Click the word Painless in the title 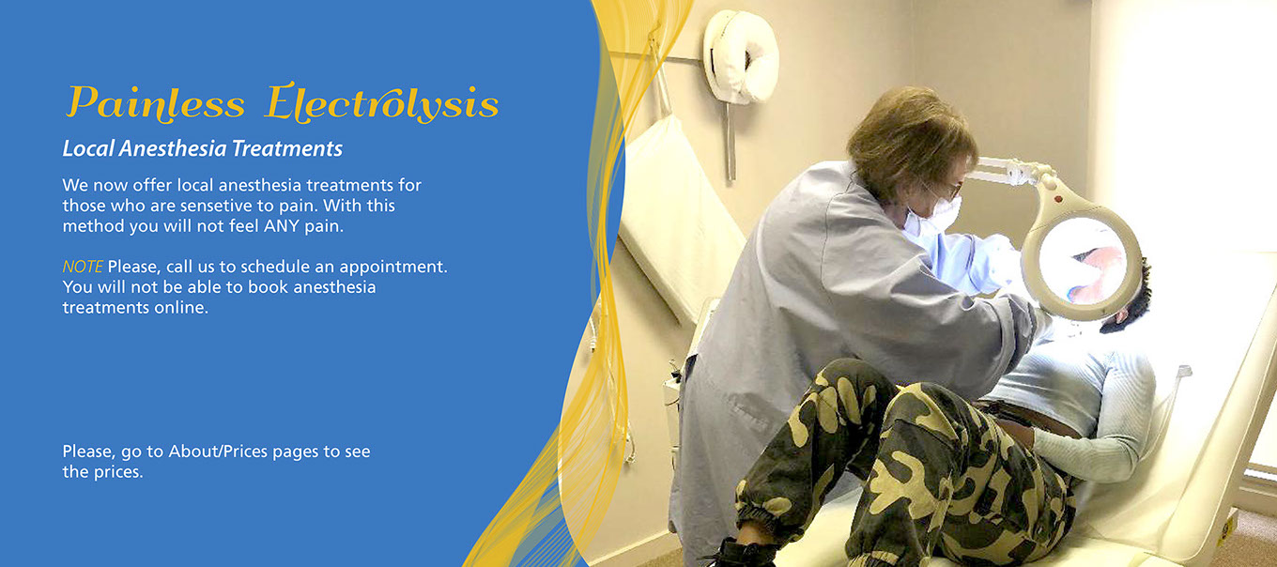click(155, 103)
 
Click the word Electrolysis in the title click(381, 102)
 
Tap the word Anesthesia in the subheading click(173, 148)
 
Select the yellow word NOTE click(83, 267)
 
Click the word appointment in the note click(393, 268)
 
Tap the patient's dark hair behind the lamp click(1131, 302)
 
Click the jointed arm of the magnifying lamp click(1009, 171)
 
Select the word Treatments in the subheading click(287, 148)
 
